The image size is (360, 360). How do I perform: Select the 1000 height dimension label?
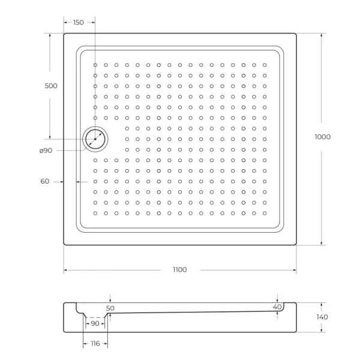click(322, 137)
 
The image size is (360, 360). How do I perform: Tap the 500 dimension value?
click(51, 86)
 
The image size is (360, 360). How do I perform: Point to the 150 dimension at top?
click(78, 22)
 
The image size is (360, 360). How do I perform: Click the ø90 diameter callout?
click(46, 151)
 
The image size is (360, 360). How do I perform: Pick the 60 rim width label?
click(44, 181)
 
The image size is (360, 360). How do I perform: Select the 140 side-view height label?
click(322, 317)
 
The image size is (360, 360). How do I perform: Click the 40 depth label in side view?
click(277, 307)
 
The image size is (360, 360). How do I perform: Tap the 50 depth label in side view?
click(110, 308)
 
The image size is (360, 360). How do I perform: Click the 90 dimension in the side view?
click(94, 323)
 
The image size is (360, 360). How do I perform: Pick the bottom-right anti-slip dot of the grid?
click(264, 212)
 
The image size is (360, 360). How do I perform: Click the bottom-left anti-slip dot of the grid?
click(95, 212)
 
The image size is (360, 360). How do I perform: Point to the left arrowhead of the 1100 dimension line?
click(65, 270)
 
